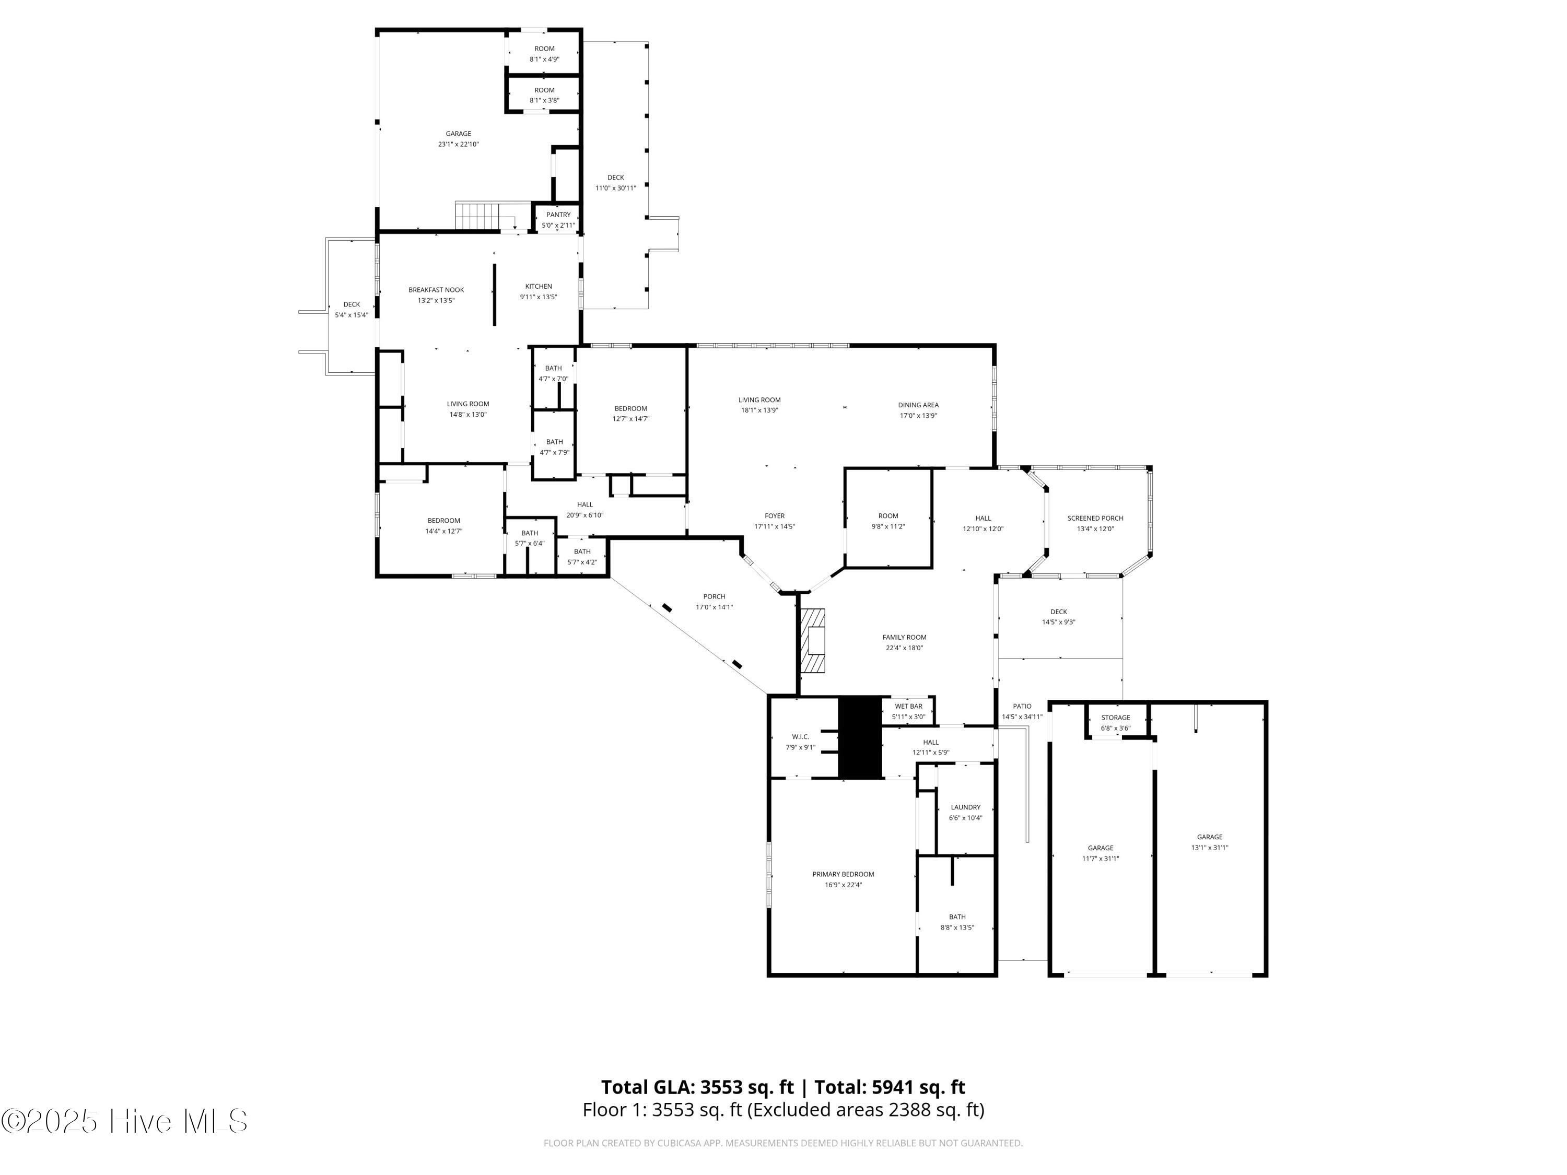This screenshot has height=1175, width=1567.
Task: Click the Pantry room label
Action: point(558,215)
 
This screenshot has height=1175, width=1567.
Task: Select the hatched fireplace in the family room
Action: point(813,640)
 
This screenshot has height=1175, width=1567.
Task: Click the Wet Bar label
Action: point(908,706)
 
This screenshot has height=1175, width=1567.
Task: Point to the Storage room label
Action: point(1116,718)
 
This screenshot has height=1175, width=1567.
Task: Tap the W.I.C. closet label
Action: point(801,736)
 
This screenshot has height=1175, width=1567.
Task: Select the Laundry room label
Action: point(966,807)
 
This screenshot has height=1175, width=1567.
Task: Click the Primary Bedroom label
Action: point(843,874)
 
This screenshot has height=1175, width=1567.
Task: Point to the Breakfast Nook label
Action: point(436,290)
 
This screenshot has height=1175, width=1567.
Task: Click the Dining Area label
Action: point(919,405)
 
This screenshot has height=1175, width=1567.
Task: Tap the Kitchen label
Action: point(539,286)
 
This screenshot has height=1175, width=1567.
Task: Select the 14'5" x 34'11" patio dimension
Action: point(1022,717)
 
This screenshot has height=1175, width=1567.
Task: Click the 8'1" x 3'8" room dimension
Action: point(544,101)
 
